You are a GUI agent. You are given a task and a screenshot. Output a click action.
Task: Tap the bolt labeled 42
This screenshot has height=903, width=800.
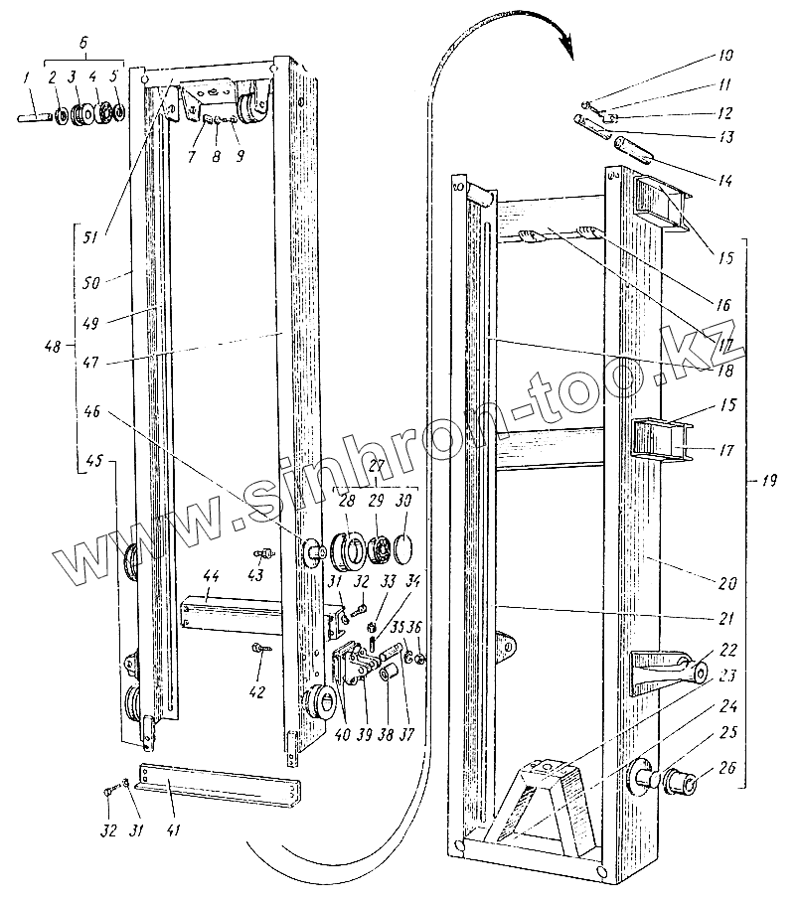point(260,648)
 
